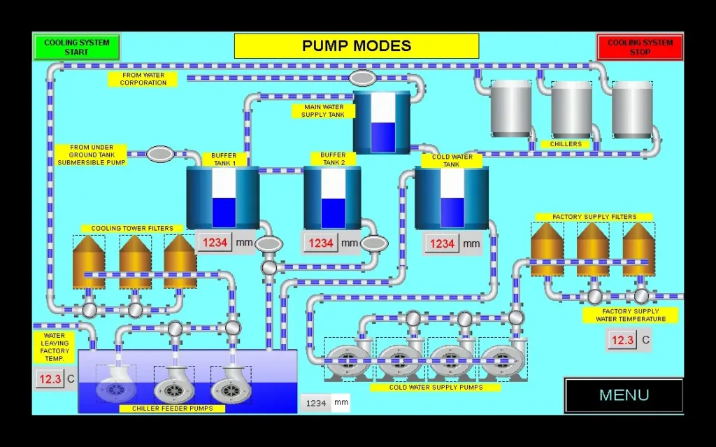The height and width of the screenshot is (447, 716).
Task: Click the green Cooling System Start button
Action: tap(77, 47)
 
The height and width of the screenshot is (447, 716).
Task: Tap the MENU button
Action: tap(624, 395)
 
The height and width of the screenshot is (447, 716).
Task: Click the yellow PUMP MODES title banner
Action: tap(357, 46)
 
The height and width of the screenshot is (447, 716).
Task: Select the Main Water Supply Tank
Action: tap(381, 122)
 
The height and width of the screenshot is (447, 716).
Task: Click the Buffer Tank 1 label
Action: tap(224, 159)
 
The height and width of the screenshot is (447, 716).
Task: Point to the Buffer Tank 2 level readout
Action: tap(321, 243)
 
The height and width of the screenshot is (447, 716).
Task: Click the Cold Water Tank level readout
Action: tap(442, 243)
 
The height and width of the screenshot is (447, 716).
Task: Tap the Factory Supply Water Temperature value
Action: tap(622, 341)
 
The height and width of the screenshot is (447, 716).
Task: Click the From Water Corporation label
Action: tap(143, 79)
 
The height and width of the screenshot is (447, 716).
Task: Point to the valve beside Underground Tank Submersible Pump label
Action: tap(160, 153)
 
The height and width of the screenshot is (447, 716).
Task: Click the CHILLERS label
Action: tap(565, 144)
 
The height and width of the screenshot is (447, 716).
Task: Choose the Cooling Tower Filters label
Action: tap(132, 229)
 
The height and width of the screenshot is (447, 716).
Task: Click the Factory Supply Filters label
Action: tap(594, 217)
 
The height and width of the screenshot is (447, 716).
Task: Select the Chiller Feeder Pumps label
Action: tap(172, 409)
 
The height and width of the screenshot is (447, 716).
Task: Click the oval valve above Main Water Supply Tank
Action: tap(362, 78)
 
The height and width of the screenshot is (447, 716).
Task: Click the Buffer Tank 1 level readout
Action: tap(215, 243)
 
